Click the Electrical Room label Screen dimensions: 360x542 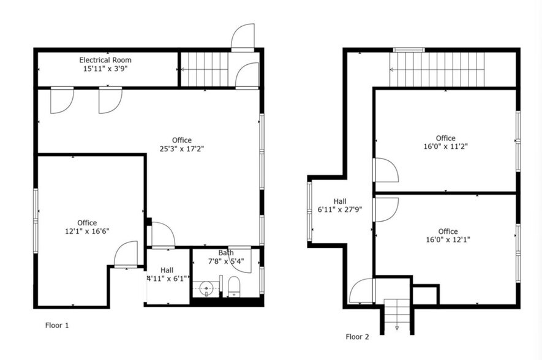tap(105, 60)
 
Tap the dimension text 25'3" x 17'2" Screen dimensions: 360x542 tap(181, 149)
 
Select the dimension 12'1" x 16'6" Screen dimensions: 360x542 tap(87, 231)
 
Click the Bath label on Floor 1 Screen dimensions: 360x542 tap(226, 253)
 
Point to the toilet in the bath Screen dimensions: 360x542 tap(233, 287)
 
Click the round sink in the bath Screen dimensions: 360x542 tap(208, 286)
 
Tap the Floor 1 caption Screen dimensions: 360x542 tap(57, 325)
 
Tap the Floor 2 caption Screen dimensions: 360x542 tap(357, 336)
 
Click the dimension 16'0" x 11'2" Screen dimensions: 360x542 tap(445, 147)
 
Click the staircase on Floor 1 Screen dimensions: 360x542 tap(205, 69)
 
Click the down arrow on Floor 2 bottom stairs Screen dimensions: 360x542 tap(397, 328)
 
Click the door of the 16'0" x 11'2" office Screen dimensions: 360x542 tap(385, 171)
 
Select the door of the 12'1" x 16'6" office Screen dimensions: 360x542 tap(126, 254)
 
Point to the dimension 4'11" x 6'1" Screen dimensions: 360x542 tap(167, 278)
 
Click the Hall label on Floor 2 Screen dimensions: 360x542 tap(341, 201)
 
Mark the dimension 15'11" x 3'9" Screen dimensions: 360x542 tap(105, 69)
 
